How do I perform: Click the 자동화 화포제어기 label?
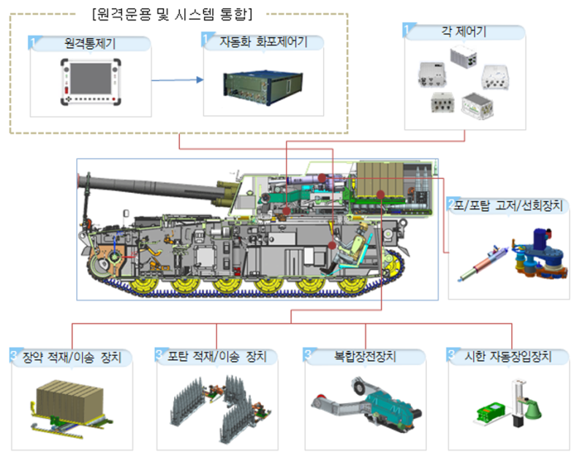coord(264,42)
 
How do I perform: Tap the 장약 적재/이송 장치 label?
coord(77,356)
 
